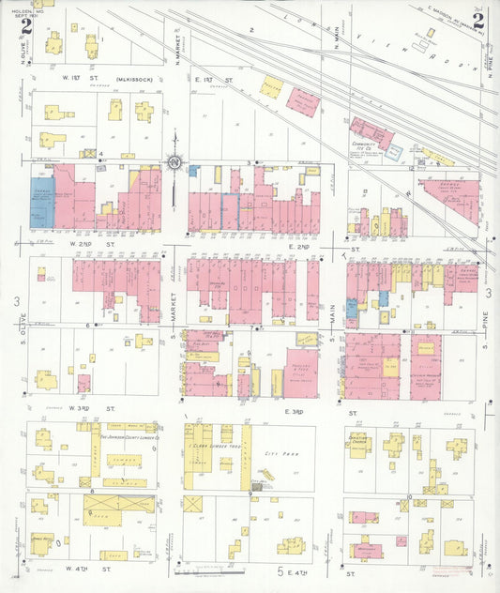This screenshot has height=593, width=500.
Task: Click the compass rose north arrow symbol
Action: (x=174, y=164)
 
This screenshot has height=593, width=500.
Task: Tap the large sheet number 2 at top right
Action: (x=478, y=21)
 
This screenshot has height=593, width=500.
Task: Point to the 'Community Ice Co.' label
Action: (x=364, y=145)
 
